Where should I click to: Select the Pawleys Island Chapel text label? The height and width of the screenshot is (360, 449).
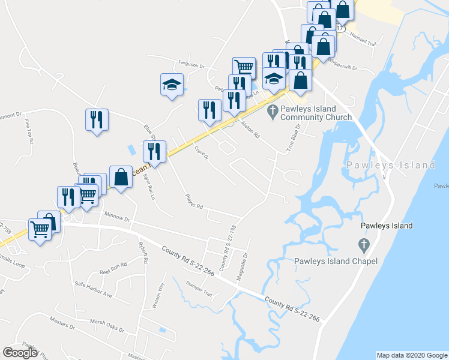[x=336, y=261]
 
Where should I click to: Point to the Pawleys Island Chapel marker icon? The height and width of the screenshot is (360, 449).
[x=363, y=245]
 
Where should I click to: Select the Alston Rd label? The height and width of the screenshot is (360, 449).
[x=249, y=128]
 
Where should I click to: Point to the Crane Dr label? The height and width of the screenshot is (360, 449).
[x=200, y=152]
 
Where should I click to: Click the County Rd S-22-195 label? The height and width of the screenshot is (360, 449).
[x=227, y=248]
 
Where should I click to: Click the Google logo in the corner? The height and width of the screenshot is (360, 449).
[x=20, y=353]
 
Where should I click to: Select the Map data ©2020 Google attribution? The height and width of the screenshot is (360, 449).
[x=411, y=355]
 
